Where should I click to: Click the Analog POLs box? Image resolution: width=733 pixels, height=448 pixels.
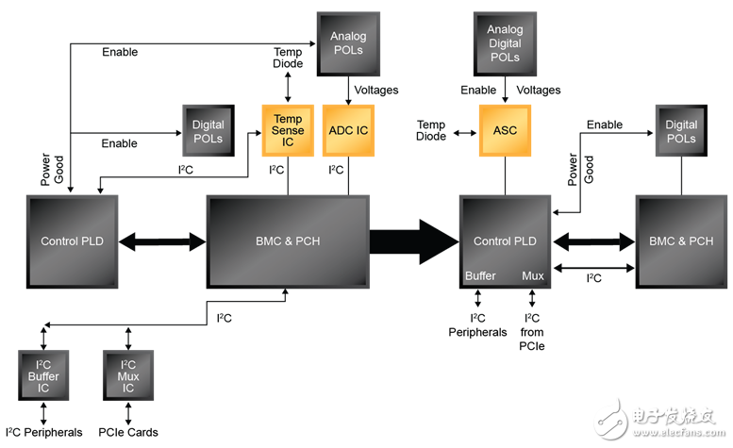tap(347, 42)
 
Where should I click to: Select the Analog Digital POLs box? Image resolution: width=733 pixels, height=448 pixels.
tap(505, 44)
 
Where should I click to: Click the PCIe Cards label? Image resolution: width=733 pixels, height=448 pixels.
tap(128, 433)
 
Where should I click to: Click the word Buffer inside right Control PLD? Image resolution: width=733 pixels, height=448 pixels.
tap(481, 275)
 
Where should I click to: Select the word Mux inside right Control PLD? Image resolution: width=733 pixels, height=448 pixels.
tap(532, 275)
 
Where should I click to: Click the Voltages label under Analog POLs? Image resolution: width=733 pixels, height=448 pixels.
tap(375, 91)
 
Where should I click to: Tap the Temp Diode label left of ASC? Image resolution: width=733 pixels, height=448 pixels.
tap(431, 131)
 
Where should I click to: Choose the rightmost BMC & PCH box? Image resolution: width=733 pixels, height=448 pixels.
tap(680, 241)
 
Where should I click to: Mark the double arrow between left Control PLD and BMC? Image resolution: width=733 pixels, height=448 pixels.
tap(162, 241)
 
